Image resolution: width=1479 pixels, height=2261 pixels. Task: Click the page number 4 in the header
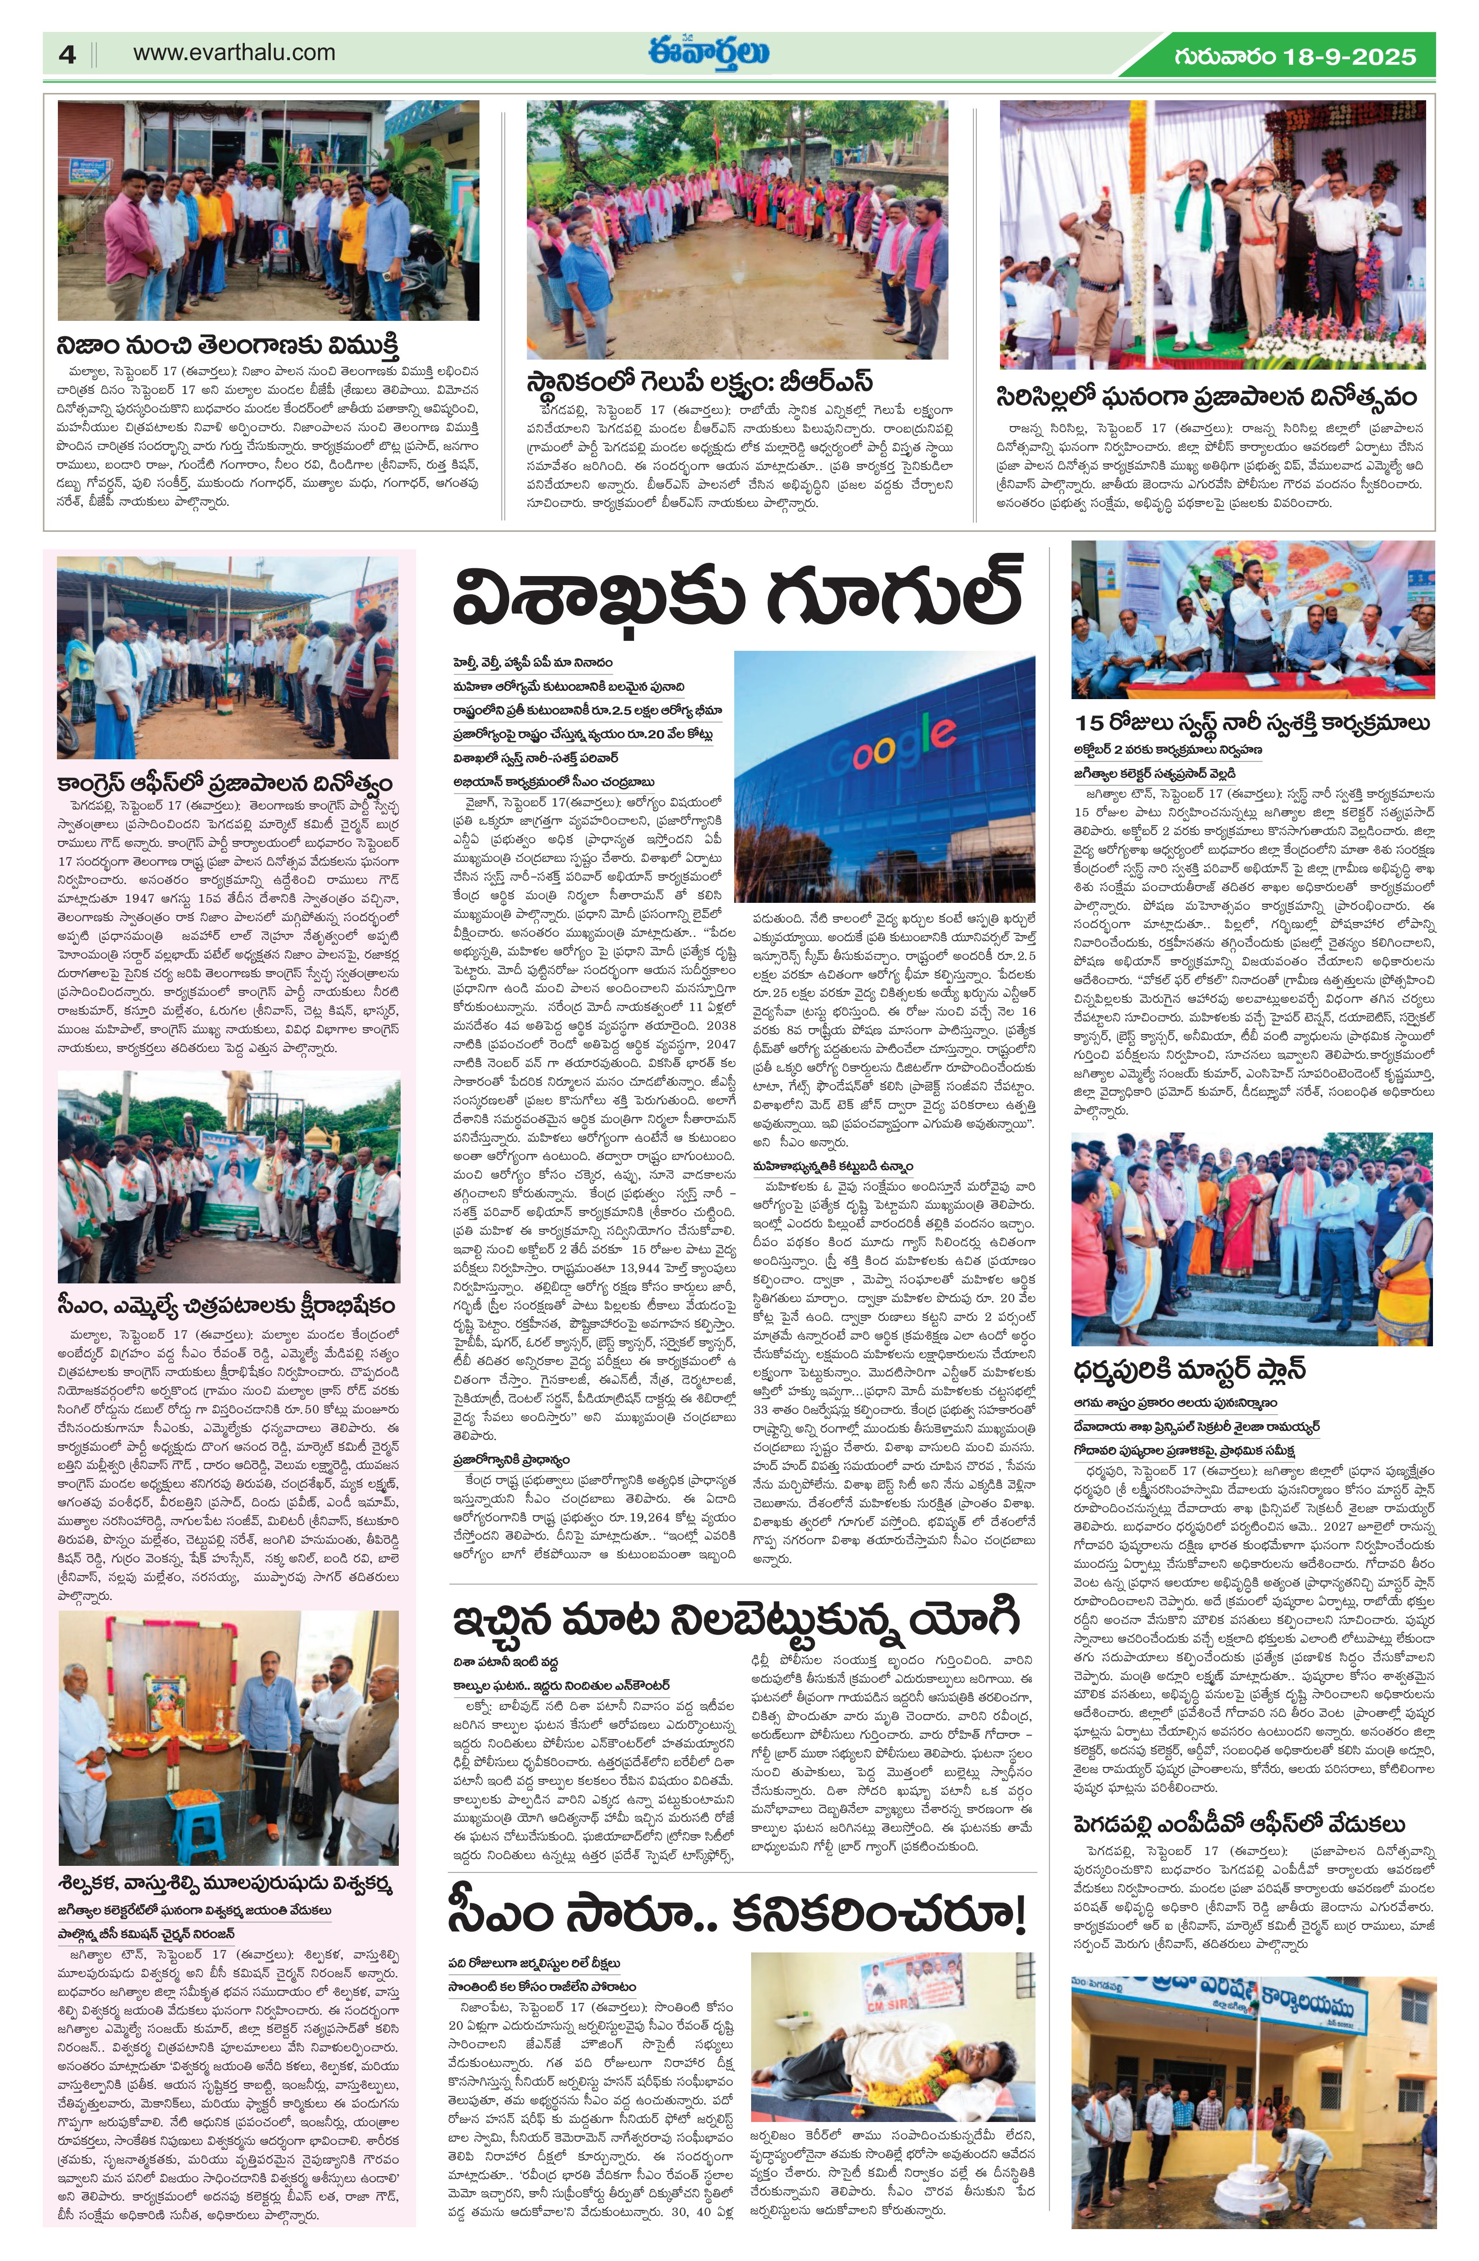pos(67,54)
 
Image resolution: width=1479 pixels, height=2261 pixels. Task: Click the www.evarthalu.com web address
pos(234,53)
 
